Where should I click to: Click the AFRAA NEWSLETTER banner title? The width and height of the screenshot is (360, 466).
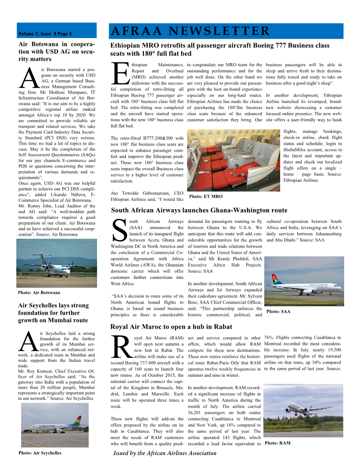tap(191, 31)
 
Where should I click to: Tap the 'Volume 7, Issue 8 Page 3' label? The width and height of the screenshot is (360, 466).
tap(45, 34)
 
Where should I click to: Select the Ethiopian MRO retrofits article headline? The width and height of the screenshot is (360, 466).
tap(220, 49)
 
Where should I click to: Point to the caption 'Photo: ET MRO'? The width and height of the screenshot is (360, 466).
tap(206, 196)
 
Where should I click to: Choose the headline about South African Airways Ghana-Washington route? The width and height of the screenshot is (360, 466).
tap(199, 210)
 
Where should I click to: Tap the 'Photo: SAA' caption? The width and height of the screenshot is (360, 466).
tap(279, 312)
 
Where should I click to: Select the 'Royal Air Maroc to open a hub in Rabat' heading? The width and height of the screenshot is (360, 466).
tap(171, 327)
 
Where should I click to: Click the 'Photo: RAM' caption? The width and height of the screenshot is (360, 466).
tap(278, 443)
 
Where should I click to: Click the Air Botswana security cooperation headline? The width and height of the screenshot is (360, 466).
tap(56, 52)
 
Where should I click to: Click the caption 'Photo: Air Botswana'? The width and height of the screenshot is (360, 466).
tap(39, 293)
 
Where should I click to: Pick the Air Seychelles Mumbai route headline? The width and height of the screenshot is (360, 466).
tap(53, 312)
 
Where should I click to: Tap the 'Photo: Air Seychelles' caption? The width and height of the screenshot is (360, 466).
tap(40, 453)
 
